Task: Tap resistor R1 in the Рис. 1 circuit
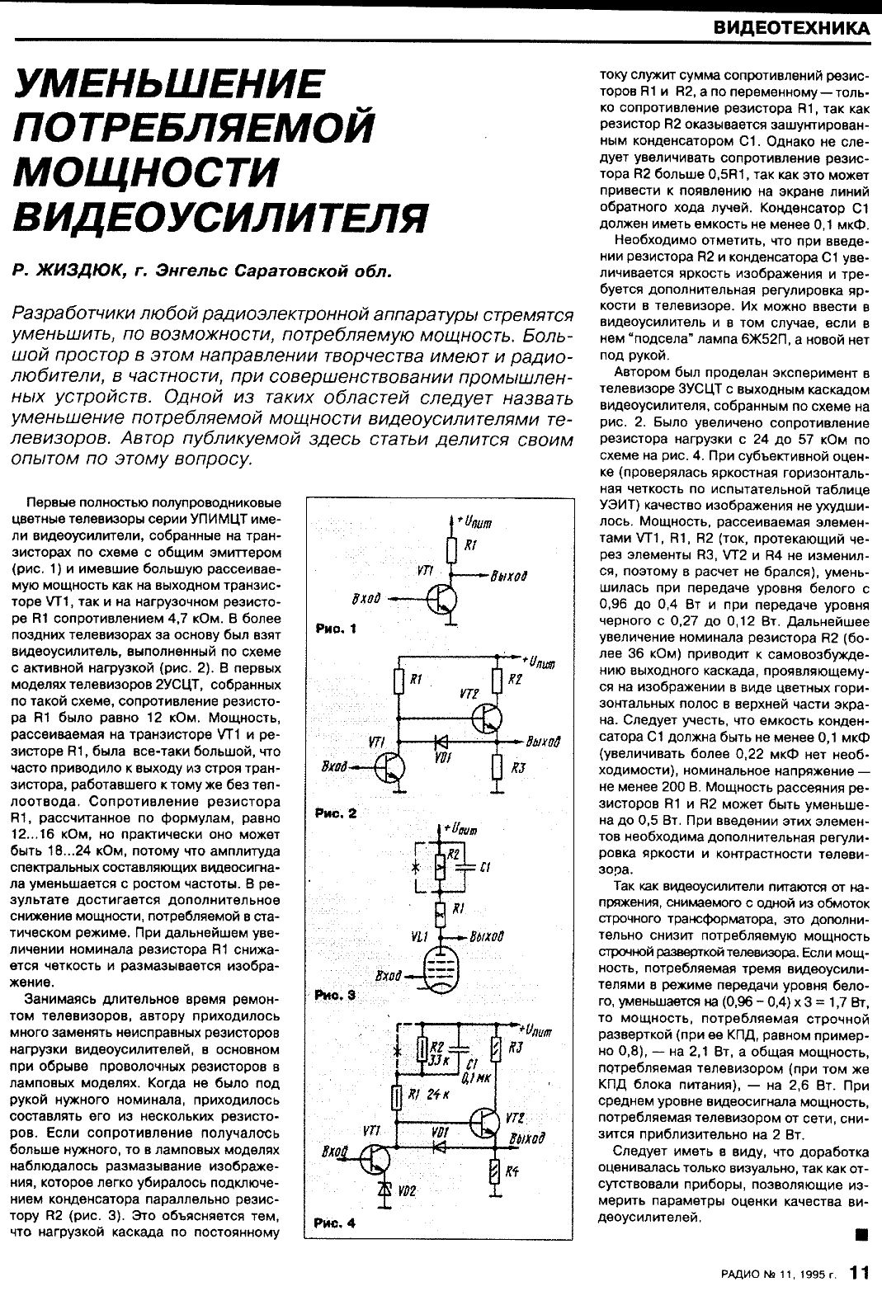(450, 549)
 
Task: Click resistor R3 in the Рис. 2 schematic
(496, 767)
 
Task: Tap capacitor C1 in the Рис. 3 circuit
(464, 866)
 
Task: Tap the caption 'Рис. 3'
(334, 996)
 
